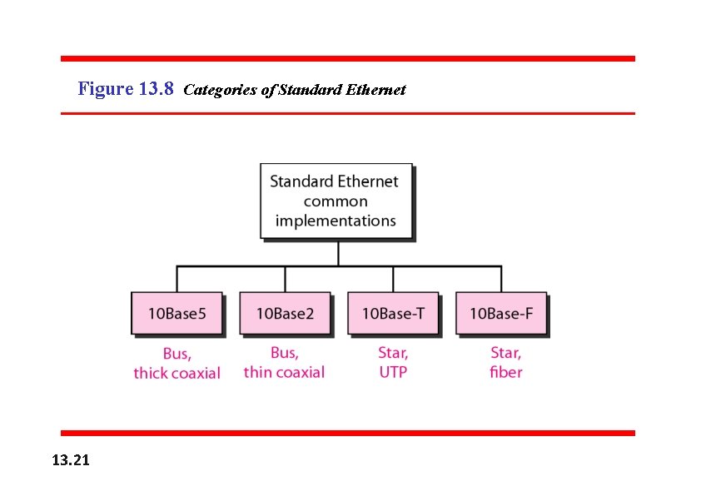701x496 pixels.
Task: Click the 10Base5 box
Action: pos(176,314)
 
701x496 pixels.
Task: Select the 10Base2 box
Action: pos(285,314)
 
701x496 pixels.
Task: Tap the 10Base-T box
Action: pos(392,314)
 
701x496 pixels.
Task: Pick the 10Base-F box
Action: pos(500,314)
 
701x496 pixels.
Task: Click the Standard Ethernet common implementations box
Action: pos(336,201)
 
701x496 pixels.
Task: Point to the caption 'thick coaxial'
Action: pos(176,373)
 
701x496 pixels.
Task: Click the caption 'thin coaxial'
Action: pos(284,372)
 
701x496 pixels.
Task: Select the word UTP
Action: pos(393,372)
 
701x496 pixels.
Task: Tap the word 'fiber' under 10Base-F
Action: pos(506,372)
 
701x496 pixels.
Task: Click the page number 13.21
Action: pos(72,459)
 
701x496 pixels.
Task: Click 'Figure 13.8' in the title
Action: pos(125,88)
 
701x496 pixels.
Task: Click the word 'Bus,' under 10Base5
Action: pos(176,354)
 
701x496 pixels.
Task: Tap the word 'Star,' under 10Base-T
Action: pos(393,353)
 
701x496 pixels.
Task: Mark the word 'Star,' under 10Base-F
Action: pos(506,353)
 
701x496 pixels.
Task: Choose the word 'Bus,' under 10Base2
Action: pos(284,353)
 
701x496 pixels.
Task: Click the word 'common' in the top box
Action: pos(336,201)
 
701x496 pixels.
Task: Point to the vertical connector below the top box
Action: pos(338,254)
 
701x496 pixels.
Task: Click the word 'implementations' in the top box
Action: pos(336,221)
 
